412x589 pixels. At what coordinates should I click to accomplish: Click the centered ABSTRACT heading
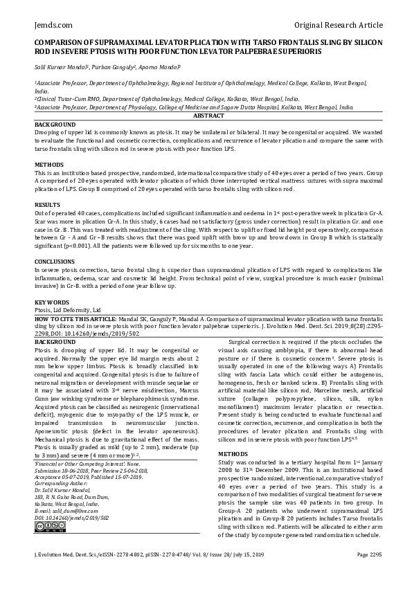pos(206,116)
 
